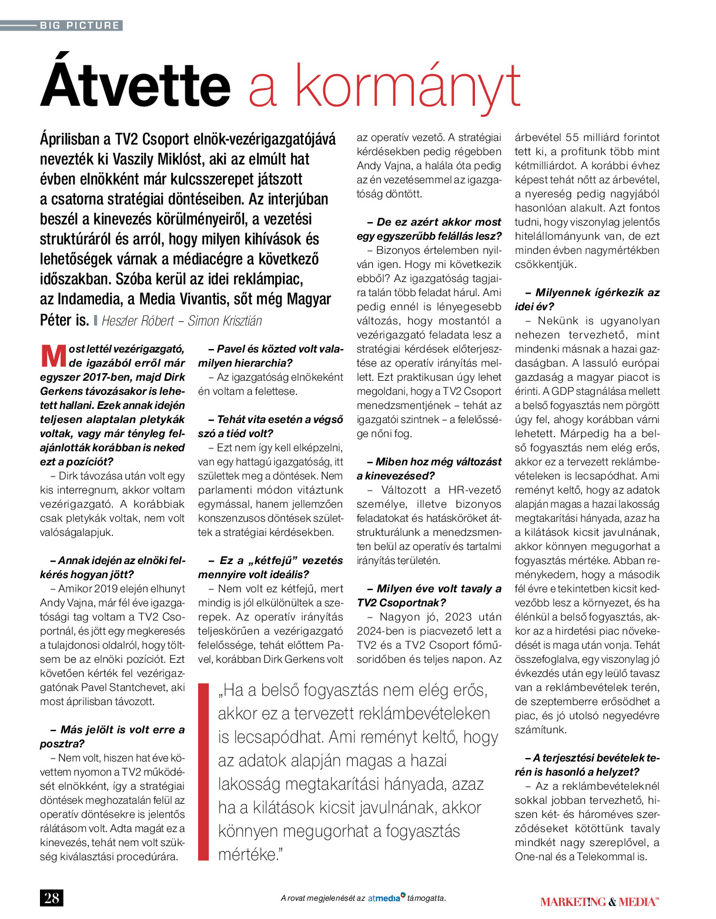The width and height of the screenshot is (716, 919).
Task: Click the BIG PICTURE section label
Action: (80, 25)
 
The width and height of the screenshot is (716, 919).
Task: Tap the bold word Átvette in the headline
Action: (135, 86)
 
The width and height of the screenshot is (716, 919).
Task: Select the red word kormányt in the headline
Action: (407, 86)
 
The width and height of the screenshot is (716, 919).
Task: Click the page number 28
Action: (52, 898)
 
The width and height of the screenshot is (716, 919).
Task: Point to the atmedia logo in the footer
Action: (386, 898)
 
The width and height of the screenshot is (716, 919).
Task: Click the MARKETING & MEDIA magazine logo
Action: (600, 901)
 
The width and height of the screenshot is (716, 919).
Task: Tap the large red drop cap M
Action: (53, 355)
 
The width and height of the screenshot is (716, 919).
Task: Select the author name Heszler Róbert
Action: (138, 321)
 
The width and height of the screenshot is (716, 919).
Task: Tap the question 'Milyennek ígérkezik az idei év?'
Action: (588, 300)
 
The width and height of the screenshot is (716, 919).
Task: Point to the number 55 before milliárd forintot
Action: (572, 137)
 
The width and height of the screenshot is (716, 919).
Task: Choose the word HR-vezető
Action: (474, 490)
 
